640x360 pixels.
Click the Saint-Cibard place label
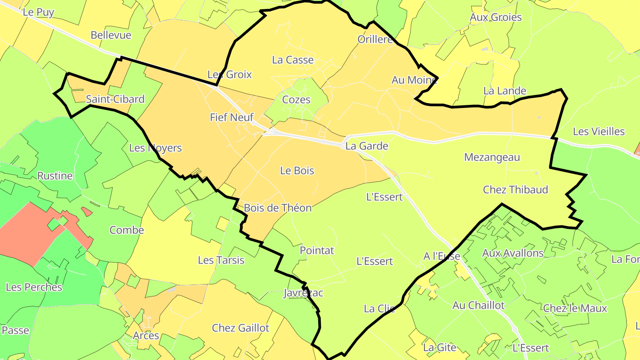[115, 99]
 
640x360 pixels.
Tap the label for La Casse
[293, 60]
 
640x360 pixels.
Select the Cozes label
[296, 100]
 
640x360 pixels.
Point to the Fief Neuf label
[232, 118]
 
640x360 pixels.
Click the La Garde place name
[367, 146]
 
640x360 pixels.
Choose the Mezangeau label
[492, 157]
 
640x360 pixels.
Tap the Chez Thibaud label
[516, 190]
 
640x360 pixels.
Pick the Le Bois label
[297, 171]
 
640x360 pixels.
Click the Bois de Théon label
[278, 208]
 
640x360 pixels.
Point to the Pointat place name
[317, 251]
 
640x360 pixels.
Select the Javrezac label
[304, 293]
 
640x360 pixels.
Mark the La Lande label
[505, 91]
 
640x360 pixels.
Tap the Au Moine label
[414, 80]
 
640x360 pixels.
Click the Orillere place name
[376, 40]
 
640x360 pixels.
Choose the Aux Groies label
[496, 17]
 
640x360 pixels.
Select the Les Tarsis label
[221, 260]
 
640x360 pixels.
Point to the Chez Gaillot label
[240, 328]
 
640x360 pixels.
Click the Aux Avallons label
[513, 253]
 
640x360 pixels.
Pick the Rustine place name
[55, 176]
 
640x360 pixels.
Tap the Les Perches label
[34, 288]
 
